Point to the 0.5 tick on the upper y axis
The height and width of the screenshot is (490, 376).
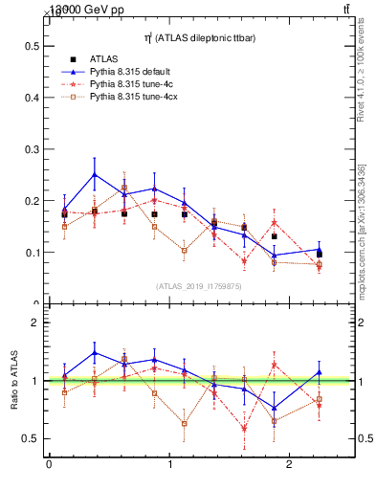[x=32, y=46]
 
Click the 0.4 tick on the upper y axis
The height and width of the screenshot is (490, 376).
[x=32, y=98]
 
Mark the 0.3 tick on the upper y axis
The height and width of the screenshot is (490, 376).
[x=32, y=149]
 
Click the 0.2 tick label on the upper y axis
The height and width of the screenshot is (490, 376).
[x=32, y=201]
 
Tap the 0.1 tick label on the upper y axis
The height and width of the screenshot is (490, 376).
[x=32, y=253]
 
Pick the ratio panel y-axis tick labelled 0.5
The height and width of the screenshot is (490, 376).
[x=32, y=438]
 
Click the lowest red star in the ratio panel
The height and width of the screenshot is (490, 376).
[x=244, y=428]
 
